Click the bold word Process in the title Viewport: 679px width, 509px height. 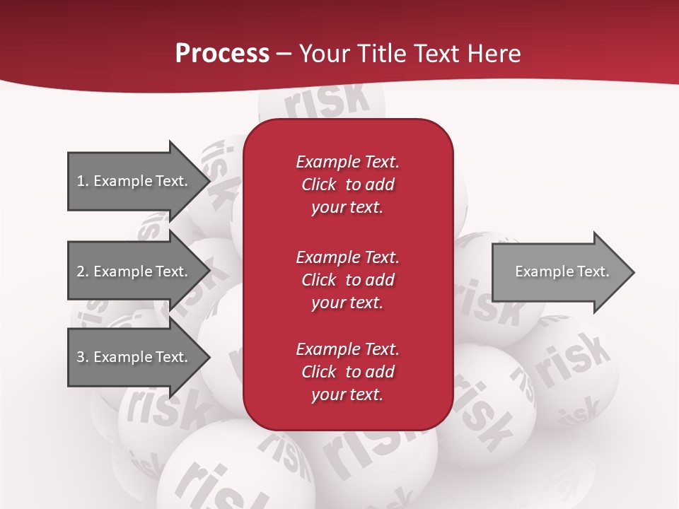coord(222,54)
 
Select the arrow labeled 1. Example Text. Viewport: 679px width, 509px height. coord(134,181)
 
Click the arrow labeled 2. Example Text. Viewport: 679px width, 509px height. coord(134,271)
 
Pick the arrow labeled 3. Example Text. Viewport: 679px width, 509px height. coord(134,357)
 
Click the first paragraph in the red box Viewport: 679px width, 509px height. coord(347,185)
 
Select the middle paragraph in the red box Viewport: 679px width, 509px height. coord(347,279)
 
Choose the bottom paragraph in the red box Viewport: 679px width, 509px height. coord(347,372)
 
